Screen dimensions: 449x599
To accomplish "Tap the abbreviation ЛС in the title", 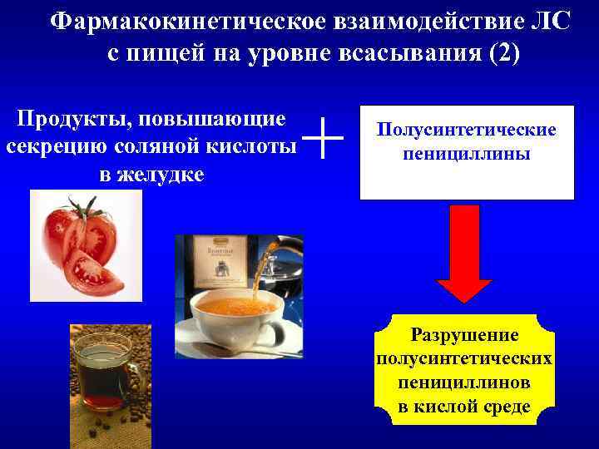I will click(x=549, y=22).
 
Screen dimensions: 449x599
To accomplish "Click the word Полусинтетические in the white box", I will click(x=466, y=131).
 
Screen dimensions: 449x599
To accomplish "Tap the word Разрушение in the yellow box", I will click(x=464, y=335).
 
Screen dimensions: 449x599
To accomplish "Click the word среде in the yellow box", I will click(x=503, y=407).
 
